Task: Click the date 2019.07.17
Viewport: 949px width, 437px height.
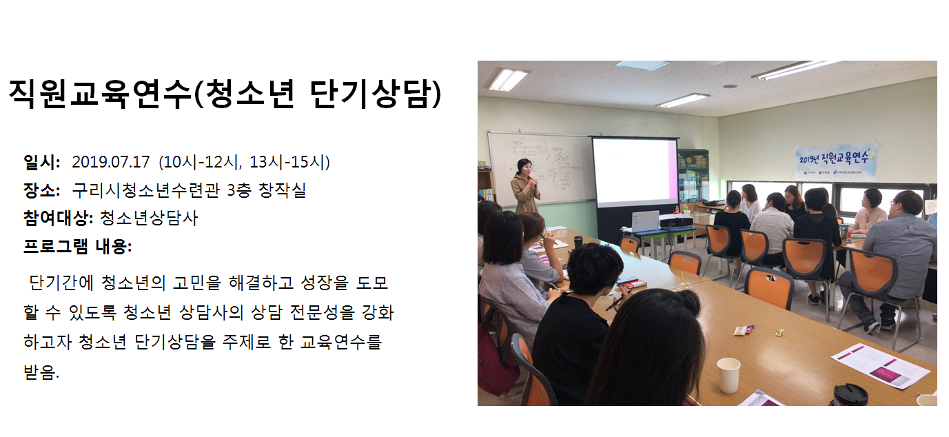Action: click(111, 163)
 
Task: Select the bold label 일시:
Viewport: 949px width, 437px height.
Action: click(41, 163)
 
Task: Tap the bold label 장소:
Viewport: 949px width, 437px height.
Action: click(41, 190)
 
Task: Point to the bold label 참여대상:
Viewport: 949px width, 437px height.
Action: click(58, 218)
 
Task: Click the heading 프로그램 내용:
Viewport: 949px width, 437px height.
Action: click(77, 246)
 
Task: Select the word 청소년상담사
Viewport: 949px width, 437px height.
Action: click(149, 218)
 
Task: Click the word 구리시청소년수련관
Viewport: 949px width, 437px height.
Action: click(146, 190)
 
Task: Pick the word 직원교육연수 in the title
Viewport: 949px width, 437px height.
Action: click(100, 94)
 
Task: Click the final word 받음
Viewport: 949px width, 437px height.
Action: click(41, 372)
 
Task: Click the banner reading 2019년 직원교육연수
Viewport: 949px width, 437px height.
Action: click(834, 162)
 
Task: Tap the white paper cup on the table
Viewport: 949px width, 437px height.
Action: click(728, 375)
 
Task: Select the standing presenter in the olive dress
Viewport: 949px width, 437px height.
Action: click(526, 187)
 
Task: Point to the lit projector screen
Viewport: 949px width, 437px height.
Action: click(634, 170)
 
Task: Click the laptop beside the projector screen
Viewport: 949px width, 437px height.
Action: click(645, 222)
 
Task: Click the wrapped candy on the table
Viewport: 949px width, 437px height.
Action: click(744, 329)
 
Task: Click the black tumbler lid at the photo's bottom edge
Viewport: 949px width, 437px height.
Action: click(850, 394)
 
